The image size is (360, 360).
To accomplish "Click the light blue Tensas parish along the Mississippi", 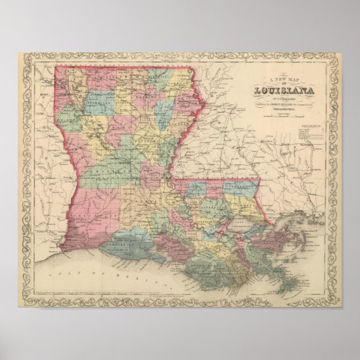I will coord(179,120).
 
